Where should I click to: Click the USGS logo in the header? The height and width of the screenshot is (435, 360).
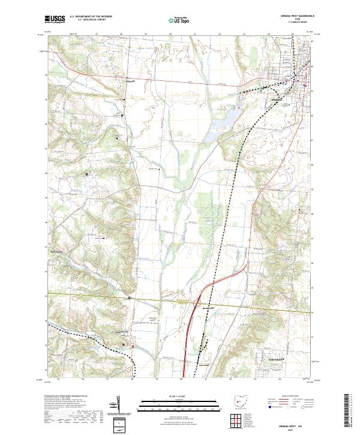point(55,19)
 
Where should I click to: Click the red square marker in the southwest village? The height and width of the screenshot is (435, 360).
point(125,344)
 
